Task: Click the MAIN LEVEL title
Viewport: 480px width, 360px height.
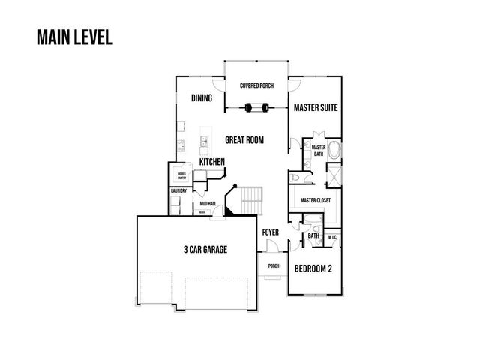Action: tap(73, 37)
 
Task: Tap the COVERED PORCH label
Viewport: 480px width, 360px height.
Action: tap(256, 86)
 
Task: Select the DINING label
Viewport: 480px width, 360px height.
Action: tap(201, 98)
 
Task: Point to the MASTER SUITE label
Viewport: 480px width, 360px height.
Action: tap(315, 108)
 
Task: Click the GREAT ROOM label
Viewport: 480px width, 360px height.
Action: tap(244, 140)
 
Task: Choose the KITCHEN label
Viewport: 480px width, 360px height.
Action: tap(212, 162)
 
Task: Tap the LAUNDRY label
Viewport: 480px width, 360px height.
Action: tap(178, 191)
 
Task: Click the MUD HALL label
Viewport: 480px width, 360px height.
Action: tap(208, 203)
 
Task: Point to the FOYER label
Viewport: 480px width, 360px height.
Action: tap(270, 232)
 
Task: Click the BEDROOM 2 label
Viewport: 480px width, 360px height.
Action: tap(313, 268)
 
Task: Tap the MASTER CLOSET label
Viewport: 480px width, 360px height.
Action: tap(316, 201)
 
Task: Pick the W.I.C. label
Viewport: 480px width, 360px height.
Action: tap(334, 238)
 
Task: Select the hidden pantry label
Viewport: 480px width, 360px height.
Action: tap(181, 176)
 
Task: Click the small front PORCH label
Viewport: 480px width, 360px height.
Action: tap(273, 265)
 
